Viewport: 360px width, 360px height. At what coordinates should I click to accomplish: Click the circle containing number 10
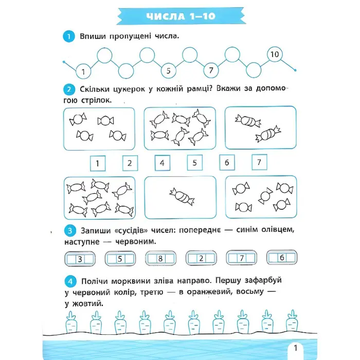coord(274,54)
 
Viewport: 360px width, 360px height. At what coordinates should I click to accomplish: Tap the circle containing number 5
coord(168,70)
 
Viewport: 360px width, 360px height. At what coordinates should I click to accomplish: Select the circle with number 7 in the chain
coord(211,70)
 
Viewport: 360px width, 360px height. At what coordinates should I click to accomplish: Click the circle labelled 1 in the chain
coord(83,70)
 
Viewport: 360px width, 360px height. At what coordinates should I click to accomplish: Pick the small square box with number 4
coord(162,164)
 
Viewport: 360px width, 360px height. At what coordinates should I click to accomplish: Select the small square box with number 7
coord(259,163)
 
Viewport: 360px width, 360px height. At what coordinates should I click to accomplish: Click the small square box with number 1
coord(97,164)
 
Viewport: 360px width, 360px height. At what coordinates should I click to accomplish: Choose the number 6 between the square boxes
coord(227,164)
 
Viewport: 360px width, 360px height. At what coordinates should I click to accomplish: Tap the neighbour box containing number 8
coord(161,259)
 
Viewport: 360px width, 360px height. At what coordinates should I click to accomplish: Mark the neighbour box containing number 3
coord(80,259)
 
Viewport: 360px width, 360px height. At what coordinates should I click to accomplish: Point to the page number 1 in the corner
coord(295,348)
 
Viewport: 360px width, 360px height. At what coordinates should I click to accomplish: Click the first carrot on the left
coord(71,322)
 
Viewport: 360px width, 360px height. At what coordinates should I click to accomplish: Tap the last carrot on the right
coord(292,321)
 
